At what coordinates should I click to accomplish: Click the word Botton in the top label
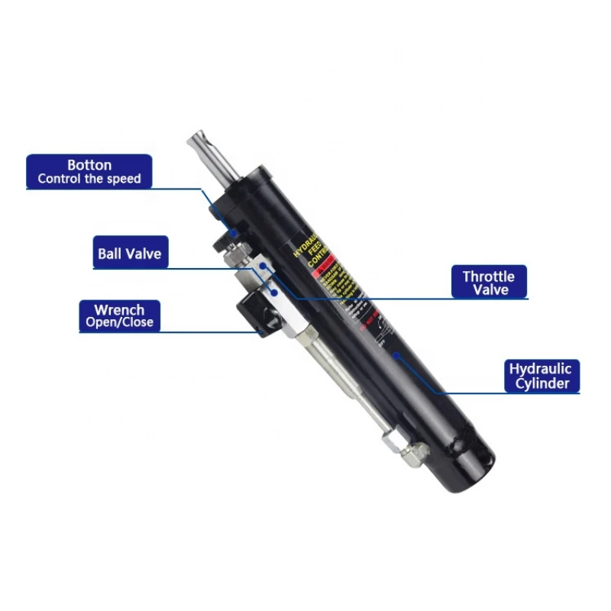(89, 165)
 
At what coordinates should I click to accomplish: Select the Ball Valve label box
(129, 253)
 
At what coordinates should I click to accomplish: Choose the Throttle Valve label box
(489, 283)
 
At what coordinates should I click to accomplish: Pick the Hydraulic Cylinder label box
(541, 376)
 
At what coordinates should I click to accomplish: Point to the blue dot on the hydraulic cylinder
(396, 354)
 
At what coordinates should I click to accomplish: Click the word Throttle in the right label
(489, 276)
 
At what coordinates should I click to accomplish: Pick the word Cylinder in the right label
(541, 383)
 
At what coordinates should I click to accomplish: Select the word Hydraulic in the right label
(541, 369)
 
